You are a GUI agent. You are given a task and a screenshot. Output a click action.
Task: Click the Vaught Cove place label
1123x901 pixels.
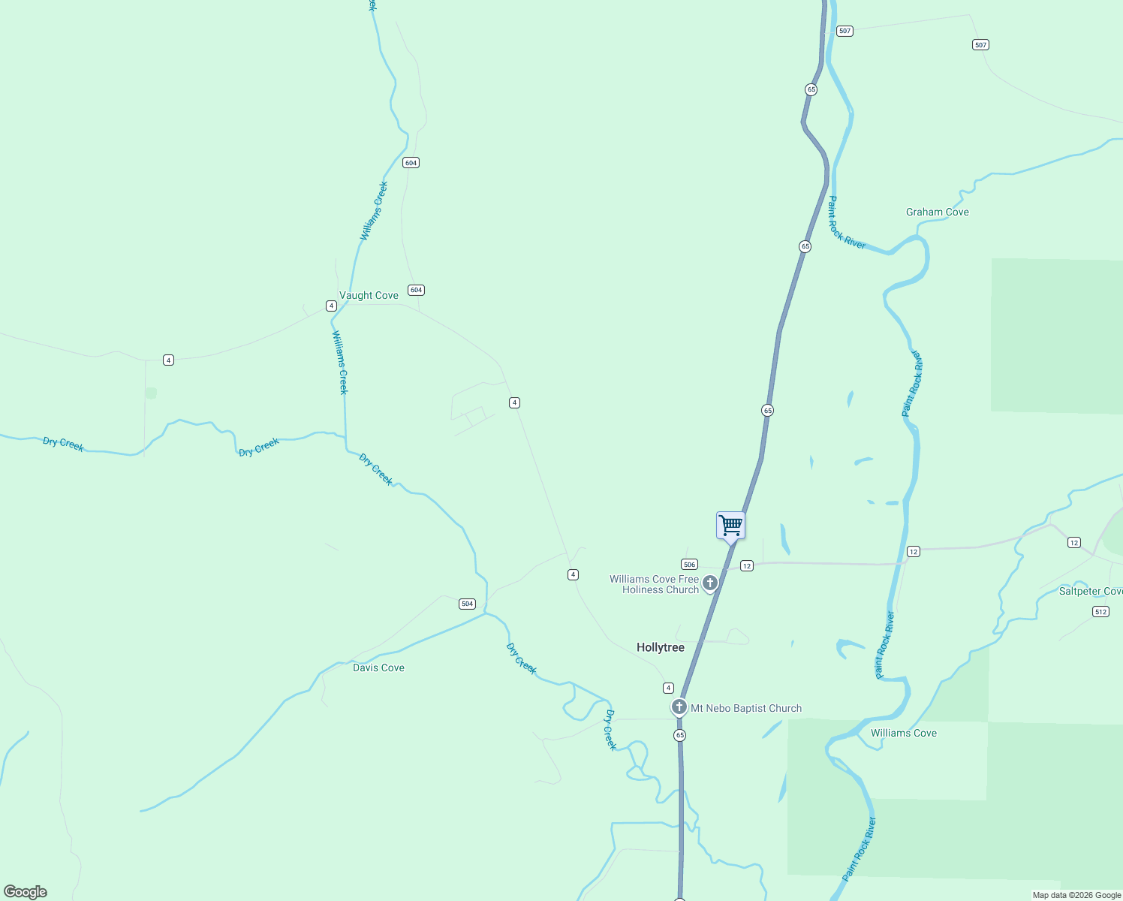[369, 295]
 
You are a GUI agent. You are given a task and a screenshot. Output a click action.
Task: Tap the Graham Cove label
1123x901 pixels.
[937, 212]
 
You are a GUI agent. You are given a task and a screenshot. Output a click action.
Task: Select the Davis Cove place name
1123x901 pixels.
[378, 667]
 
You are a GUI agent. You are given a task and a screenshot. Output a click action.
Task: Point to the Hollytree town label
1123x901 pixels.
[661, 647]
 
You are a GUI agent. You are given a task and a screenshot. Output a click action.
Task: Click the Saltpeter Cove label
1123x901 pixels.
[1090, 591]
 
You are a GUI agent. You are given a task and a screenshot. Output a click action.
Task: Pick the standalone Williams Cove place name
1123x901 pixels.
[903, 733]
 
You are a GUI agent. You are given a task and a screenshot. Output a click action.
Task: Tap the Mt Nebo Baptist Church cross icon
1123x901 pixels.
[679, 707]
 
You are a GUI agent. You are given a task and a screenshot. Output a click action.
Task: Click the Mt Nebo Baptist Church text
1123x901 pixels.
[746, 708]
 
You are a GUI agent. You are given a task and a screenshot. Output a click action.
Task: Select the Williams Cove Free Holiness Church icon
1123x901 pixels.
[709, 582]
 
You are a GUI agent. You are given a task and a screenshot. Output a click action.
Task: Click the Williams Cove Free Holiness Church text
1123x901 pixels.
[654, 584]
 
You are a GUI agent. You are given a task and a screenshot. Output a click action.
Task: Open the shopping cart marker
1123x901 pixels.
[730, 525]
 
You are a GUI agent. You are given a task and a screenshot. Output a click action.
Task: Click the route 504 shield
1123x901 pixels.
[467, 604]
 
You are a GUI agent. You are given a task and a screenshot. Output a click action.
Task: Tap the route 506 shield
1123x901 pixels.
[689, 564]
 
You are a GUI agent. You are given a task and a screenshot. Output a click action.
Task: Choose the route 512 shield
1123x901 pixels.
[1100, 612]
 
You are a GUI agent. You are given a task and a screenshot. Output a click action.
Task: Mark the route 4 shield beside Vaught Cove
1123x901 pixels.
[331, 306]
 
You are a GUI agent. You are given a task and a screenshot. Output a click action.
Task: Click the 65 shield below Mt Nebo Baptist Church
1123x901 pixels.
[679, 735]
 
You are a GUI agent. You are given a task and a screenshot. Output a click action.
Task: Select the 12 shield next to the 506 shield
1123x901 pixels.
[746, 566]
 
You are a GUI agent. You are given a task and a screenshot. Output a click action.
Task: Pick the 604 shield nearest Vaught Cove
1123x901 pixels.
[416, 290]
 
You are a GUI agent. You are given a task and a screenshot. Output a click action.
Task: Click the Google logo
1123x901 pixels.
[26, 891]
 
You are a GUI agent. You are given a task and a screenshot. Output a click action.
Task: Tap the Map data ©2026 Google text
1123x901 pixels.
[1076, 895]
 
